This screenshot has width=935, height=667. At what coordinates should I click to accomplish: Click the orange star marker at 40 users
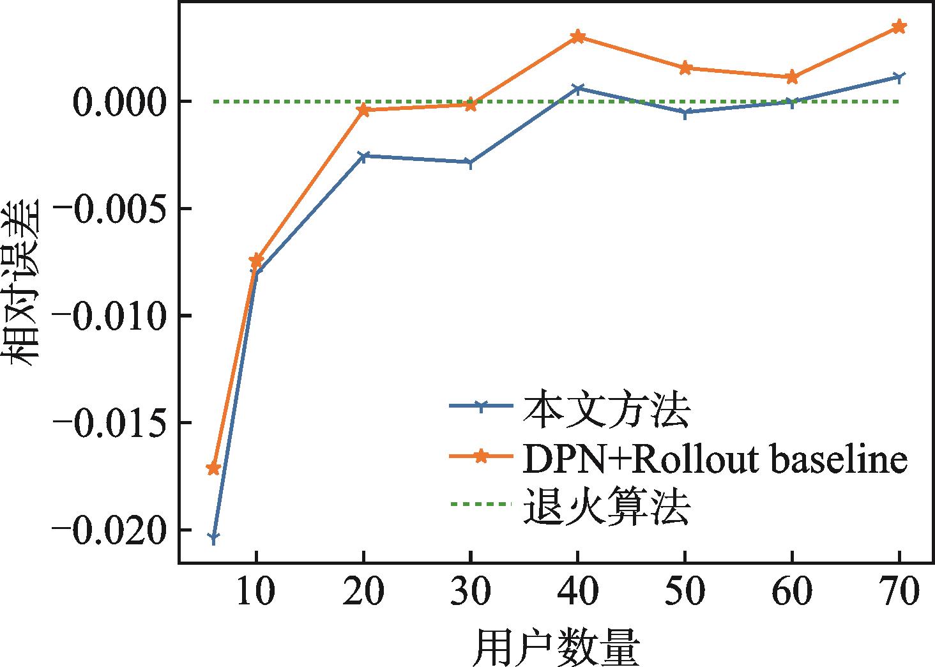click(x=577, y=36)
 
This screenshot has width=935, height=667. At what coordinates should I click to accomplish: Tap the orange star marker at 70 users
click(x=899, y=26)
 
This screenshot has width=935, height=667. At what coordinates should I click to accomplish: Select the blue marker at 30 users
click(x=470, y=162)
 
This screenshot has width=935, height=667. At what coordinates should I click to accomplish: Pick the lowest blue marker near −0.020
click(x=213, y=537)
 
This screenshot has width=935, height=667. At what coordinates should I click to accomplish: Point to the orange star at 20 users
click(x=363, y=110)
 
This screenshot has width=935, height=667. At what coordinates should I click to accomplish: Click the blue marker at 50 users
click(x=685, y=112)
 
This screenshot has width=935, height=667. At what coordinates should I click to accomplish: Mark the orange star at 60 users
click(x=791, y=77)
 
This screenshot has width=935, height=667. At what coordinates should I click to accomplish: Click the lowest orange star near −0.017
click(x=213, y=468)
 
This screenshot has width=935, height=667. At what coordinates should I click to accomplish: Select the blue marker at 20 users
click(x=363, y=156)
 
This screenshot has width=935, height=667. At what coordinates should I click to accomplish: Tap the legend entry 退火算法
click(x=605, y=506)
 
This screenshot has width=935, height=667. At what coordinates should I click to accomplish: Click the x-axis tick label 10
click(x=255, y=592)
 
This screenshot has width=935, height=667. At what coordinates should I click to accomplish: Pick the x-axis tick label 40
click(x=577, y=592)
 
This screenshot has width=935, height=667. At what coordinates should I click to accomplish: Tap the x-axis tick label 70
click(x=899, y=592)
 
